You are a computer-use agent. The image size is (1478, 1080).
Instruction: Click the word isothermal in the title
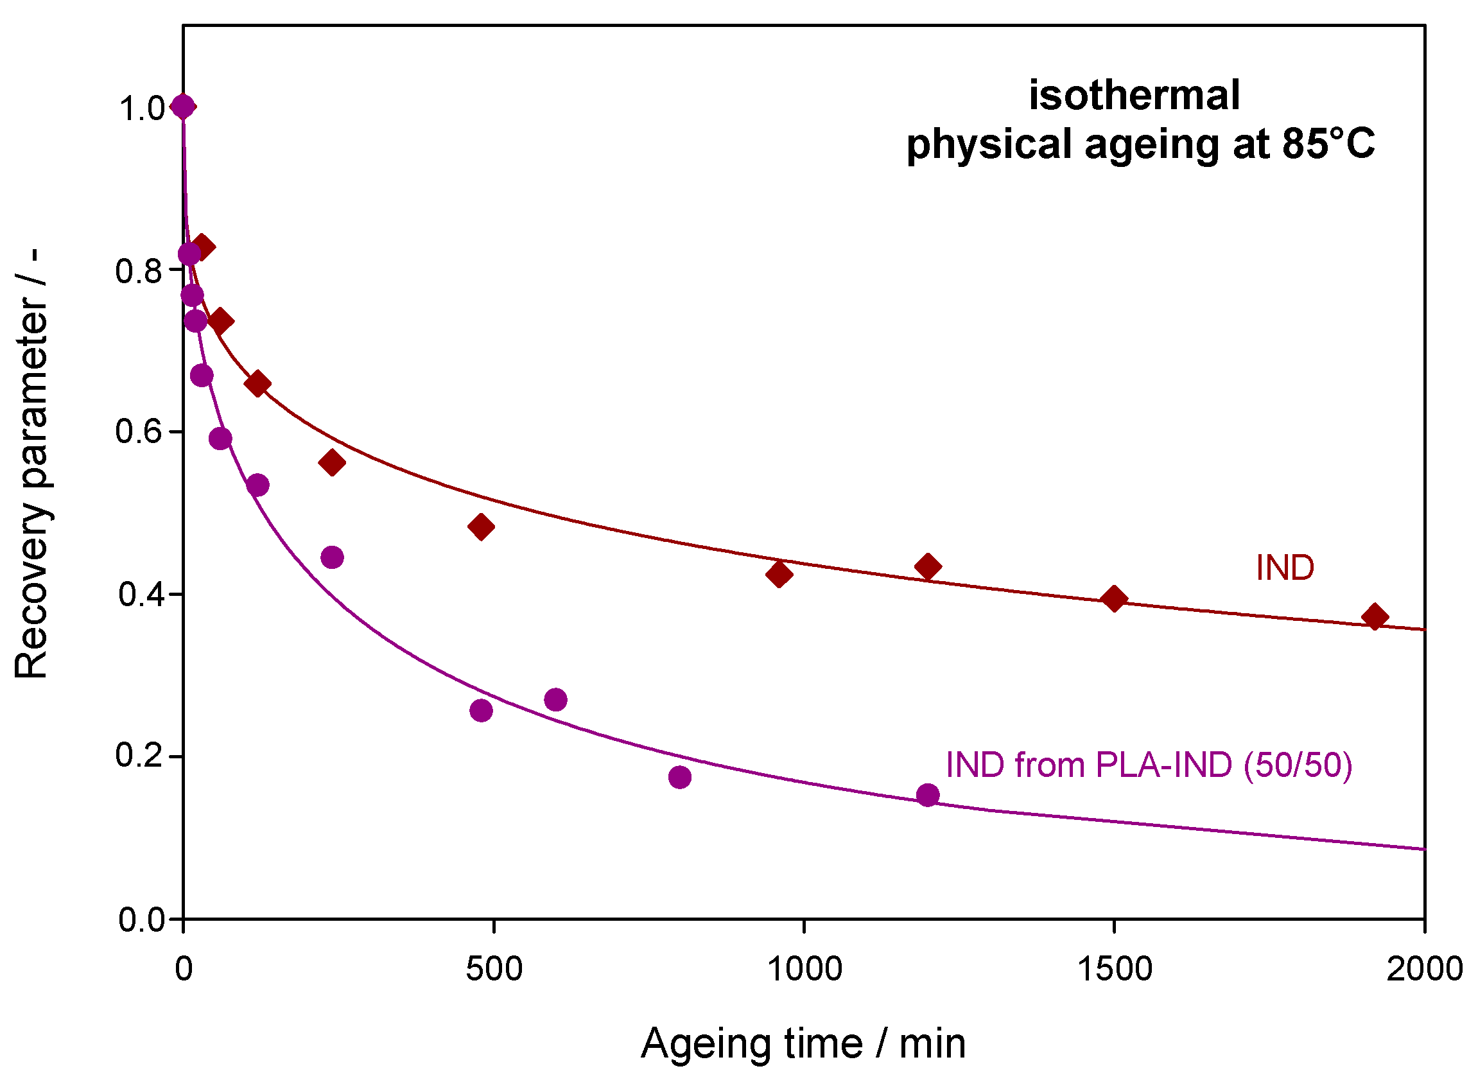(x=1134, y=96)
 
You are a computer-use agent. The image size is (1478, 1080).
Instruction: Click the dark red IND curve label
(x=1285, y=568)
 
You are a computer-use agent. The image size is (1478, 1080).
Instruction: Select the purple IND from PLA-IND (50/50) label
(x=1149, y=765)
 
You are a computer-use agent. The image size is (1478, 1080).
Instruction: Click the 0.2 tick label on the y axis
(x=139, y=756)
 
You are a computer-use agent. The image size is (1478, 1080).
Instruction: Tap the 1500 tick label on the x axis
(x=1114, y=969)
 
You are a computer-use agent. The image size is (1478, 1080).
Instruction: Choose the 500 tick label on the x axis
(x=494, y=969)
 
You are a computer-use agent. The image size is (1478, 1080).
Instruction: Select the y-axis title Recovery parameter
(x=31, y=464)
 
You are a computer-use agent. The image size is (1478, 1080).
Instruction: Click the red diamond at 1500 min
(x=1115, y=599)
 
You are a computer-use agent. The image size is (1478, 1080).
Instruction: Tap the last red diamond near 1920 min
(x=1375, y=616)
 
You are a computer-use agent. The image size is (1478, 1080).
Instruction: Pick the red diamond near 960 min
(x=779, y=575)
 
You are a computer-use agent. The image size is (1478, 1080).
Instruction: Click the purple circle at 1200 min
(x=928, y=796)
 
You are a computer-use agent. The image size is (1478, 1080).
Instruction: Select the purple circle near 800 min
(x=680, y=778)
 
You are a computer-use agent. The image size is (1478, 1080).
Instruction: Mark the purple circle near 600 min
(x=555, y=700)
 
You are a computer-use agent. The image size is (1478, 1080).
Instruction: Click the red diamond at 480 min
(x=481, y=527)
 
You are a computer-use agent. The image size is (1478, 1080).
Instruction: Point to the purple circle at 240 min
(x=332, y=557)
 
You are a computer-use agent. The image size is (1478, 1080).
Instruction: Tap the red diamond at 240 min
(x=332, y=463)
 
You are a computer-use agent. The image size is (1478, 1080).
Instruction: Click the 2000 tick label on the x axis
(x=1423, y=969)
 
